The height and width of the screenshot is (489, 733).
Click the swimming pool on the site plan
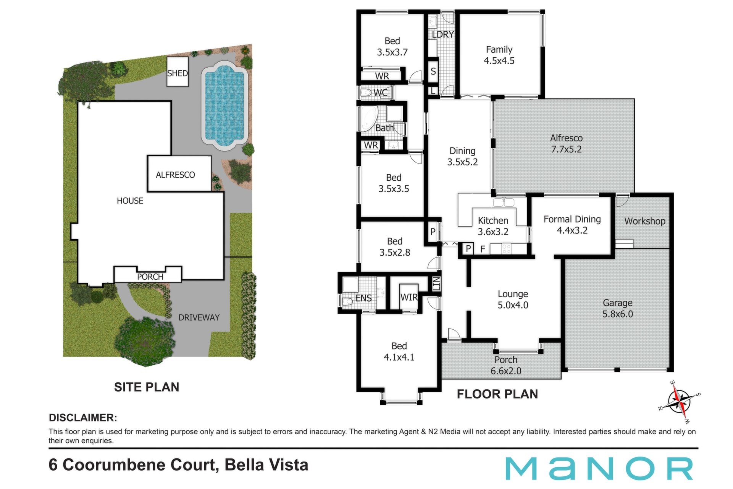click(224, 106)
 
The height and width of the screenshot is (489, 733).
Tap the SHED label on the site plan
click(177, 73)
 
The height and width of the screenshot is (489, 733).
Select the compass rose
click(680, 402)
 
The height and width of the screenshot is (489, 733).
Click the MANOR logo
click(599, 468)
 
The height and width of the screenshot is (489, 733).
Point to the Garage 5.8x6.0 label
click(618, 308)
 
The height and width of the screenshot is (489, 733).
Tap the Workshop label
click(645, 221)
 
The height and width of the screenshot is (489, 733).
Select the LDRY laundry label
click(443, 34)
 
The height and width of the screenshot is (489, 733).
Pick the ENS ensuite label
click(363, 298)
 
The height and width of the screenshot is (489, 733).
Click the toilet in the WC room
click(366, 92)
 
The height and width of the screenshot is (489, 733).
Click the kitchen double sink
click(504, 202)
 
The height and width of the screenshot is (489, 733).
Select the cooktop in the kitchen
click(507, 249)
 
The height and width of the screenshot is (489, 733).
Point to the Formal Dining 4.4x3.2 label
click(572, 225)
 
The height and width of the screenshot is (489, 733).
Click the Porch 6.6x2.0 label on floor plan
click(506, 365)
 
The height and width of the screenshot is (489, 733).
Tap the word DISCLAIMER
click(83, 418)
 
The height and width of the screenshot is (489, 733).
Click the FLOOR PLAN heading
click(497, 394)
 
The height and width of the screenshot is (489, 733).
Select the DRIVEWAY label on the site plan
click(199, 317)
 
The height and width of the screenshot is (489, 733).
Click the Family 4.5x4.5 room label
click(499, 55)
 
